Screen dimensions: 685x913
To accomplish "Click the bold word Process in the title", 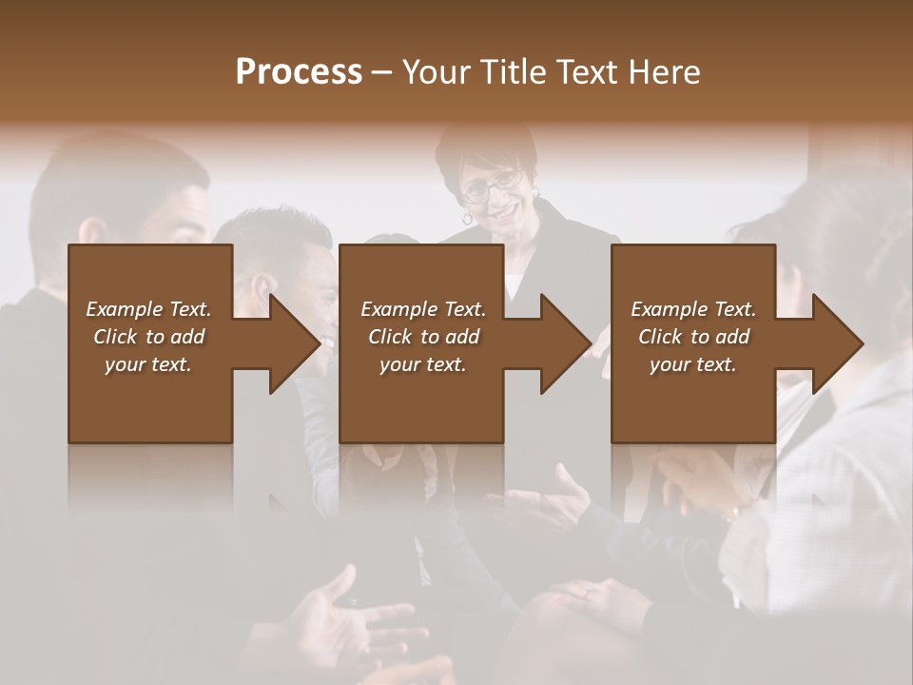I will [299, 72].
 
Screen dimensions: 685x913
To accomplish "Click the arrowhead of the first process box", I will [295, 343].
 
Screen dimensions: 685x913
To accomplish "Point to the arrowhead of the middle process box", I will [566, 343].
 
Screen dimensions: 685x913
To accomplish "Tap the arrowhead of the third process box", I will [838, 343].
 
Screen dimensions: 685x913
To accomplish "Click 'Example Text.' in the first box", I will [148, 309].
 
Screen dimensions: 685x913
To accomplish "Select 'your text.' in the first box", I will [148, 364].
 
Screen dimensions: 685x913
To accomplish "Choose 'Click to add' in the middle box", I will [423, 337].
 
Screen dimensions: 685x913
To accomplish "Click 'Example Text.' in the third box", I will [693, 309].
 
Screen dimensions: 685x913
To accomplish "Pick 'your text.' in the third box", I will [693, 364].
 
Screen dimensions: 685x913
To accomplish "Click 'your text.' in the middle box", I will [423, 364].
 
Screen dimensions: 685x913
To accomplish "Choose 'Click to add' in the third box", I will [693, 337].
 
